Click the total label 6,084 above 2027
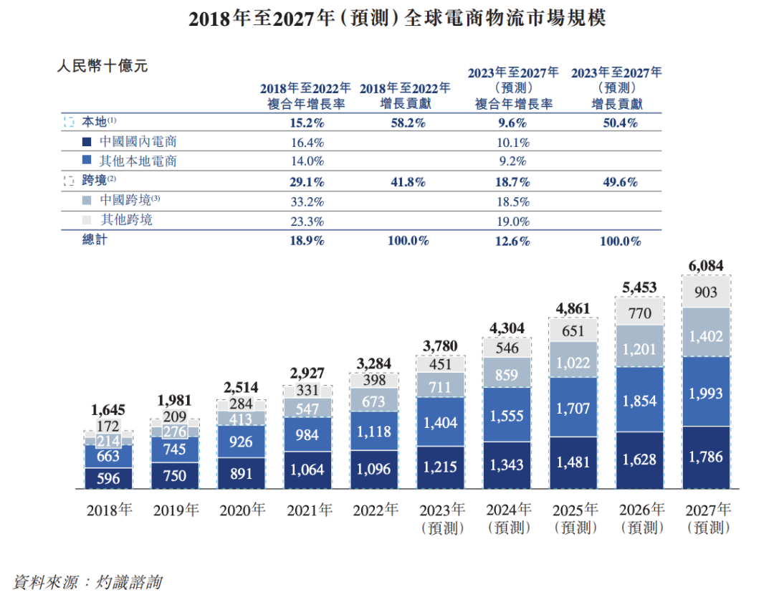[x=706, y=267]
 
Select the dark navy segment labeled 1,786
[x=706, y=457]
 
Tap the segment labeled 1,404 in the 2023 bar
[x=440, y=424]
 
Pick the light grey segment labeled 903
[x=706, y=292]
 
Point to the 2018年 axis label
[x=110, y=511]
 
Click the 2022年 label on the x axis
[x=375, y=511]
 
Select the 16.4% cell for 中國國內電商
[x=307, y=142]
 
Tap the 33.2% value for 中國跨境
[x=307, y=201]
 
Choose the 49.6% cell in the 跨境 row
[x=620, y=182]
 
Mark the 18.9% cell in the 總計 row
[x=307, y=241]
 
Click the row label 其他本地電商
[x=138, y=161]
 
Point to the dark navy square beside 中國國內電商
[x=87, y=142]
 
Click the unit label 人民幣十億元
[x=102, y=67]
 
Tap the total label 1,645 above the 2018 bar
[x=108, y=411]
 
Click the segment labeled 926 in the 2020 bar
[x=241, y=442]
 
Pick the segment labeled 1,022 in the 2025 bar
[x=573, y=363]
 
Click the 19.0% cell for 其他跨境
[x=513, y=222]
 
